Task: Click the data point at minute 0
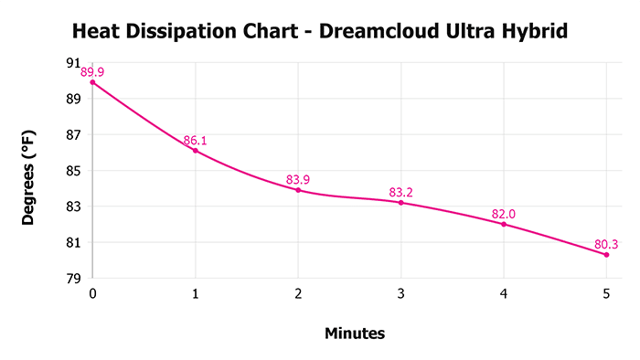pyautogui.click(x=92, y=82)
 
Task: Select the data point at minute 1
pyautogui.click(x=195, y=151)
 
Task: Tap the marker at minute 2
pyautogui.click(x=298, y=190)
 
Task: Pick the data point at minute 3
pyautogui.click(x=400, y=202)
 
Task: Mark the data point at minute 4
pyautogui.click(x=504, y=224)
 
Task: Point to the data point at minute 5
pyautogui.click(x=606, y=254)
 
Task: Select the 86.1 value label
pyautogui.click(x=196, y=140)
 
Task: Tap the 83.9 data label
pyautogui.click(x=298, y=179)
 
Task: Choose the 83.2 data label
pyautogui.click(x=401, y=192)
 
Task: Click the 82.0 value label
pyautogui.click(x=504, y=214)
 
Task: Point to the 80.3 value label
pyautogui.click(x=607, y=244)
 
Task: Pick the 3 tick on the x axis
pyautogui.click(x=400, y=293)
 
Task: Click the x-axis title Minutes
pyautogui.click(x=355, y=334)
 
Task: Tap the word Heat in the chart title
pyautogui.click(x=95, y=33)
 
